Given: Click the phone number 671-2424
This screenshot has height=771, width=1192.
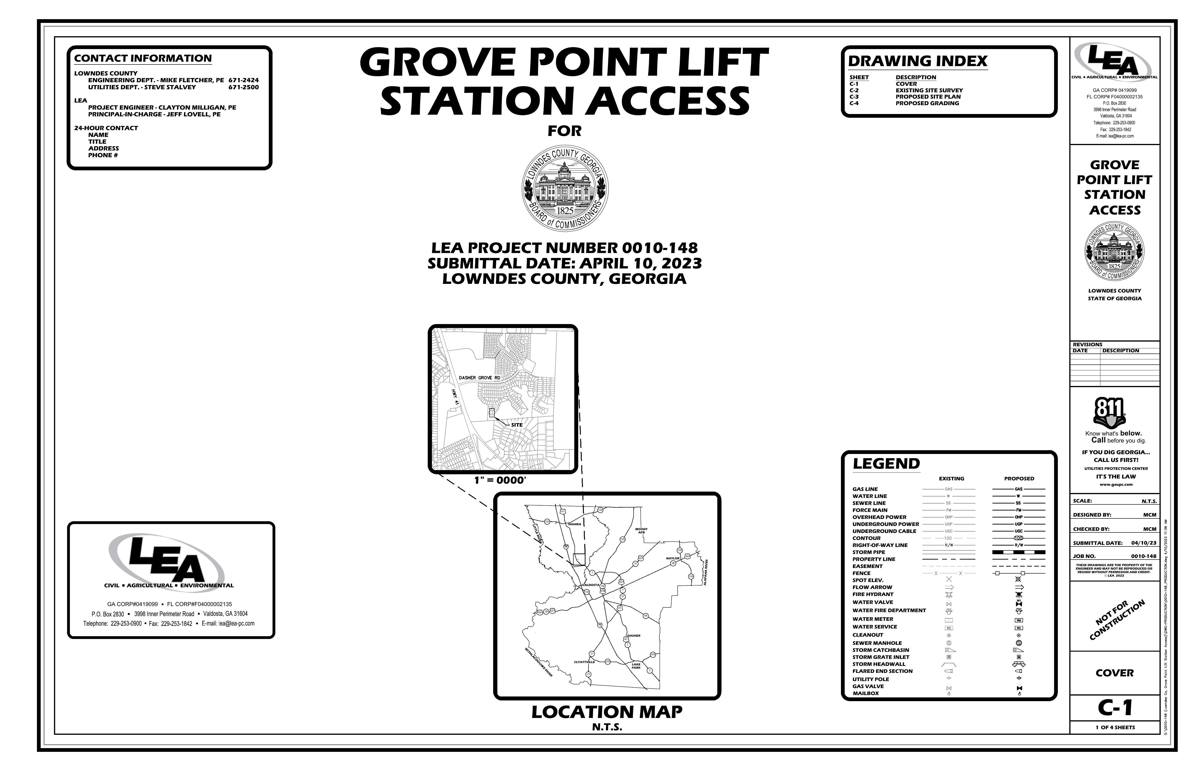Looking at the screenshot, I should [x=243, y=80].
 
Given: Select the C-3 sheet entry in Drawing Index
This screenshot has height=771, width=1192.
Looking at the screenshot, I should [x=854, y=97].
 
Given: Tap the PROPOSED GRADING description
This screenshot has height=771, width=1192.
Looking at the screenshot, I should [x=927, y=103].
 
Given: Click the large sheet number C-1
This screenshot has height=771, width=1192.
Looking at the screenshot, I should [x=1115, y=707].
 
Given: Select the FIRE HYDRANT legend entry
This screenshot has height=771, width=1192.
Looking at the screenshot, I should [x=873, y=594].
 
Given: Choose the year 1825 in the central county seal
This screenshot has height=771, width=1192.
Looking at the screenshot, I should [x=565, y=211].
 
